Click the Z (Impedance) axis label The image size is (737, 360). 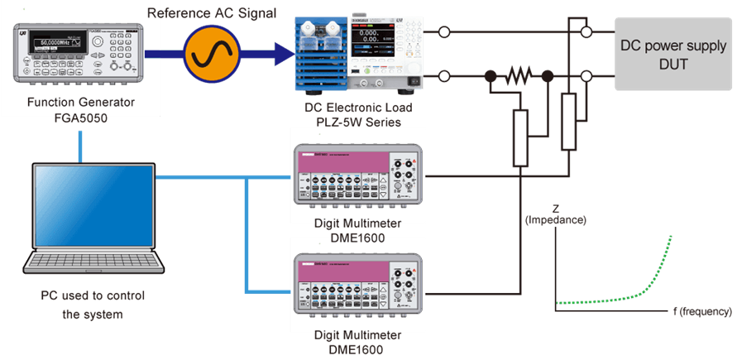click(x=556, y=214)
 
